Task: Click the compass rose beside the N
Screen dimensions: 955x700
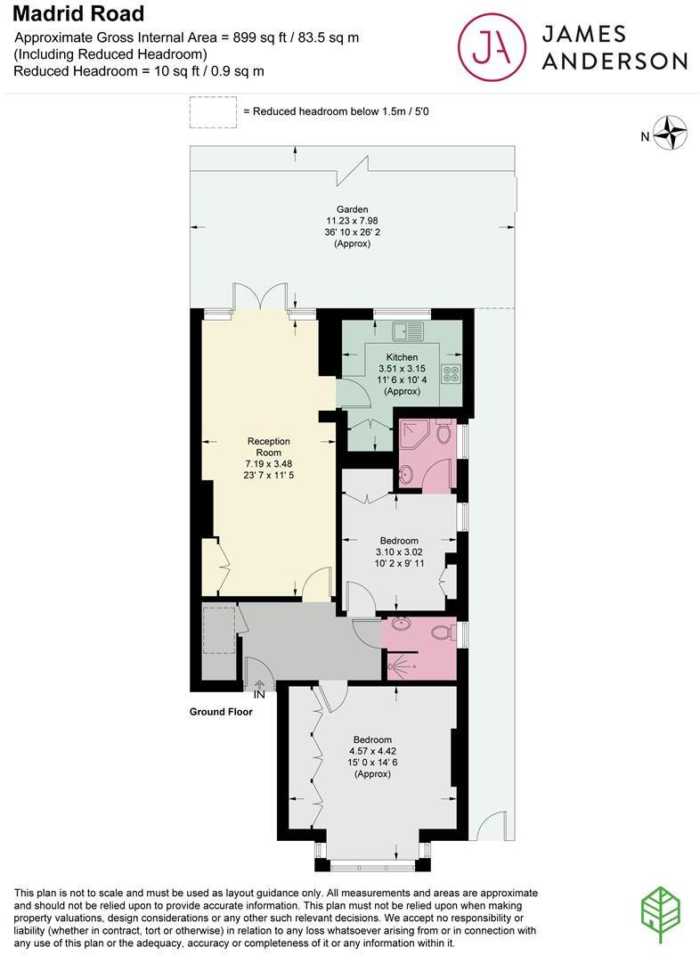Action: click(672, 134)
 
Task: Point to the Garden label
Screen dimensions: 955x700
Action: click(352, 209)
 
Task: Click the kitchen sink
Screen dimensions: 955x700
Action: click(413, 331)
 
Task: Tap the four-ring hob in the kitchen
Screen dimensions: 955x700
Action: click(451, 373)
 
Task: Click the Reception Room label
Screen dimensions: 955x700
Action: click(269, 446)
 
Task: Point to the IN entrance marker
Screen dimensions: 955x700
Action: click(259, 694)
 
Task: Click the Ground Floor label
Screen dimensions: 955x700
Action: click(221, 712)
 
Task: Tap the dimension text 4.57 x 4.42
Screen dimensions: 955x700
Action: click(372, 751)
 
